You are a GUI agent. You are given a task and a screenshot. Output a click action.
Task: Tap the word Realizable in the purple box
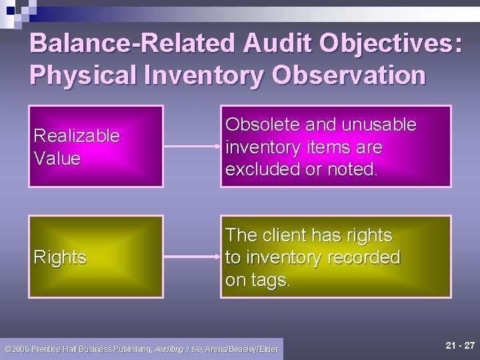point(77,136)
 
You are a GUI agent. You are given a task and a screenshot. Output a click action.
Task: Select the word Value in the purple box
point(57,159)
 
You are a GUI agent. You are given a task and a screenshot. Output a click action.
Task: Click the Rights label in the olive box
point(60,257)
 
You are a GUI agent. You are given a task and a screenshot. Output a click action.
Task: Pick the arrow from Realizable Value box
point(191,146)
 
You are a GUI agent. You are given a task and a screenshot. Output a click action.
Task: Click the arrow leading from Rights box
point(191,256)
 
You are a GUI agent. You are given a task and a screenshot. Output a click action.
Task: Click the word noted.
point(353,169)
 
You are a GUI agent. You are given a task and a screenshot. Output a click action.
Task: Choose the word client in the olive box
point(285,235)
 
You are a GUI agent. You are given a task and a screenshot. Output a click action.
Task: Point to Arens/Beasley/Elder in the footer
point(241,349)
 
